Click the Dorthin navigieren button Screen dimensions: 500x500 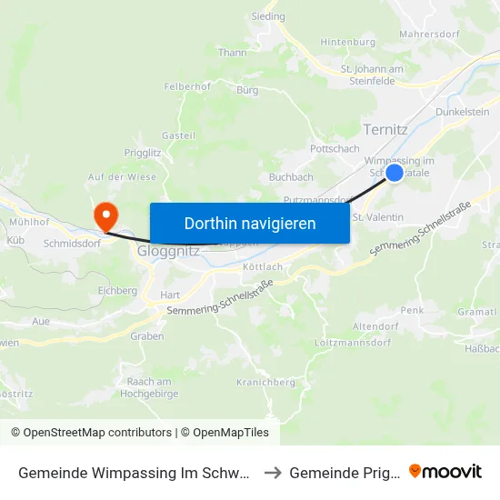[250, 223]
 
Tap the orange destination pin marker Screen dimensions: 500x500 [106, 216]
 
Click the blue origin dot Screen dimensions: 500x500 [395, 172]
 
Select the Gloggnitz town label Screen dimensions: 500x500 [168, 251]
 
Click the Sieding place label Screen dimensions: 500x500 [267, 16]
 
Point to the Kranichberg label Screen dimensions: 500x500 [265, 383]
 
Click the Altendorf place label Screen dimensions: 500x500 [375, 325]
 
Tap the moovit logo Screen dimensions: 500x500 [445, 471]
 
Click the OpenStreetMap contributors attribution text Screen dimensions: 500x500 [97, 433]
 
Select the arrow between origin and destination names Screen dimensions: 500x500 [274, 472]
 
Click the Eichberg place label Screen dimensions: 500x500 [117, 291]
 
